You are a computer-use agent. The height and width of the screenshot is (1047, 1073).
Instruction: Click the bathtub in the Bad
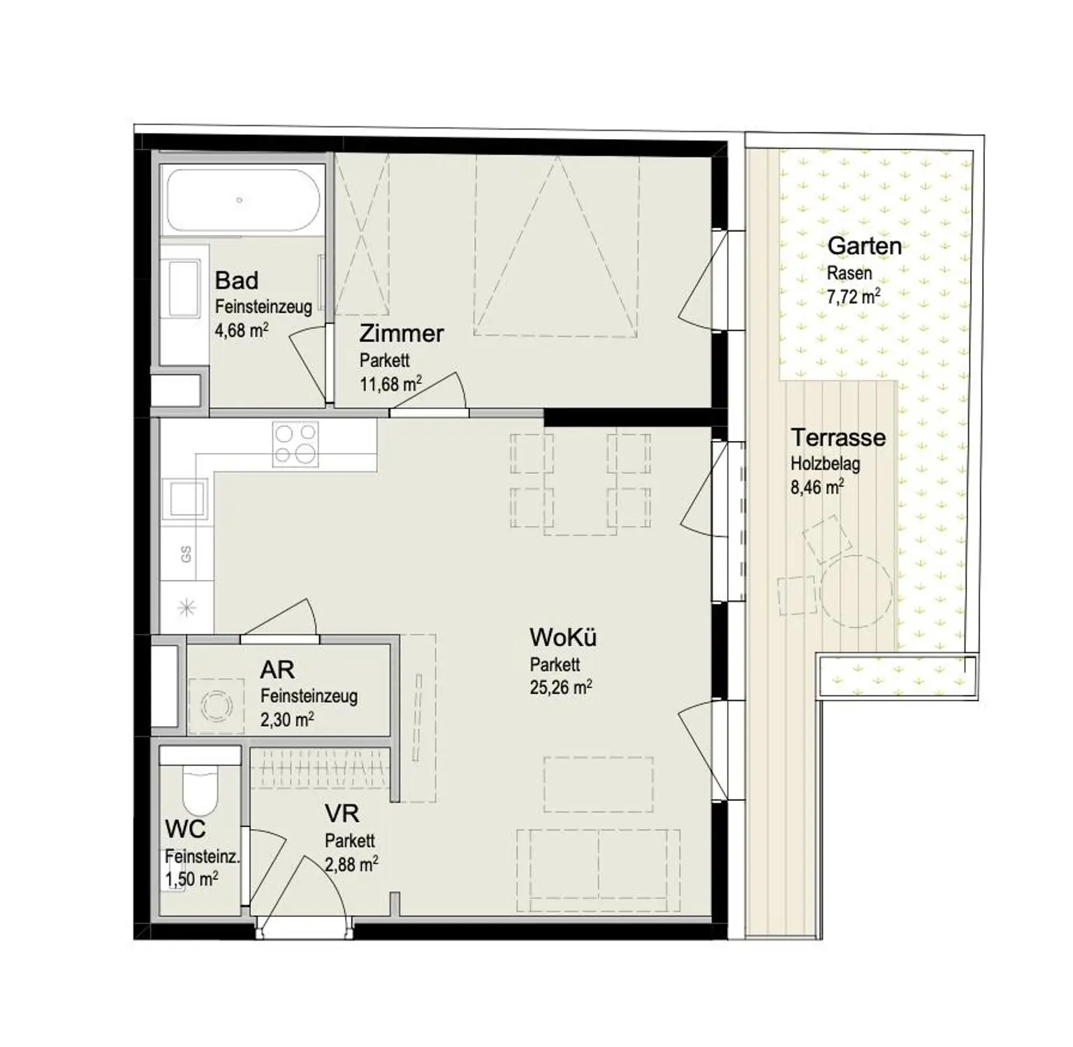(242, 201)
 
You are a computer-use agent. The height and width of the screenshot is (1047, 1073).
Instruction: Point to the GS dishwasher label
(186, 554)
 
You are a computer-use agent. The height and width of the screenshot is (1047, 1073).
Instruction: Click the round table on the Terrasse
(856, 591)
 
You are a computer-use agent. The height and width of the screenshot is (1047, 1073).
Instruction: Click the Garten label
(864, 246)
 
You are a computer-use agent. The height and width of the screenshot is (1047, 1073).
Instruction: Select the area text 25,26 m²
(561, 688)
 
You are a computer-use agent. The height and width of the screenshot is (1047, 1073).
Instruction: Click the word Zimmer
(402, 333)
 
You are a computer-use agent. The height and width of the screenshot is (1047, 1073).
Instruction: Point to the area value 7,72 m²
(853, 297)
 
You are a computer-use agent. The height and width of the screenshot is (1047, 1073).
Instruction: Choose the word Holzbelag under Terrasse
(825, 463)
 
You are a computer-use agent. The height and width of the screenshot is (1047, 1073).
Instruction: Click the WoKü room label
(563, 637)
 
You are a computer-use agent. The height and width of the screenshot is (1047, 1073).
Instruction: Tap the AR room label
(277, 670)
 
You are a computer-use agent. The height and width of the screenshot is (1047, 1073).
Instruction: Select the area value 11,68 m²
(390, 384)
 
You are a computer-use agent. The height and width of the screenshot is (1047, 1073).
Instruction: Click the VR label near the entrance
(342, 814)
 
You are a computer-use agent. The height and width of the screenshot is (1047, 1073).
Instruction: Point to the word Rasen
(849, 273)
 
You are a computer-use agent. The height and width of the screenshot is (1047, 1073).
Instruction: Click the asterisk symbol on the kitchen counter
(186, 608)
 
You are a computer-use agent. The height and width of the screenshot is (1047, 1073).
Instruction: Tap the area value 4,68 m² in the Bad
(242, 330)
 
